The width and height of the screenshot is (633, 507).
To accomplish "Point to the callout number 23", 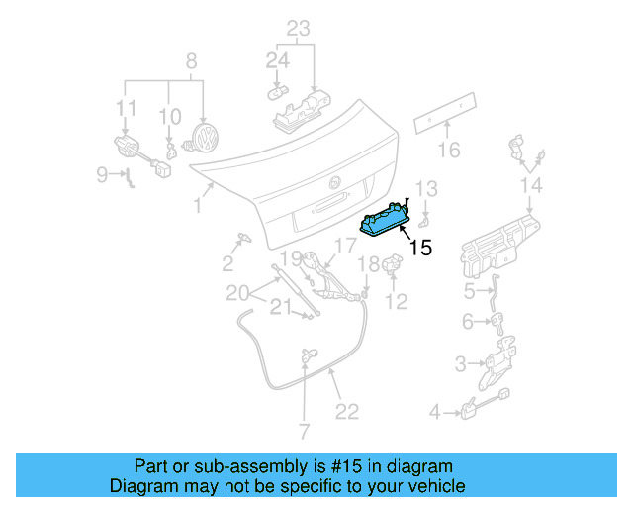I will point(299,28).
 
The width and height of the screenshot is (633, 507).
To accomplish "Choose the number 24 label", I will point(277,61).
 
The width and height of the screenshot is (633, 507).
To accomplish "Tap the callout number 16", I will point(449,151).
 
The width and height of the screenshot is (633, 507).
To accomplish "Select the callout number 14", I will point(531,185).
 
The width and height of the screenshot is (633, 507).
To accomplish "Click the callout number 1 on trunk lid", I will point(198,205).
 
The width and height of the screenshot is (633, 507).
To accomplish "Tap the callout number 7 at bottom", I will point(304,431).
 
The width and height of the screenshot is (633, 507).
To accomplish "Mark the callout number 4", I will point(434,411).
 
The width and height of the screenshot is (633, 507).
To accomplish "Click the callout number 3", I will point(460,365).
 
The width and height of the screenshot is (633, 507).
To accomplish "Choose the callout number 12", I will point(396,302).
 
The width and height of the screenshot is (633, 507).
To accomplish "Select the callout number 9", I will point(102,175).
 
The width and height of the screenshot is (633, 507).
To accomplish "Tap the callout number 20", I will point(237,292).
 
